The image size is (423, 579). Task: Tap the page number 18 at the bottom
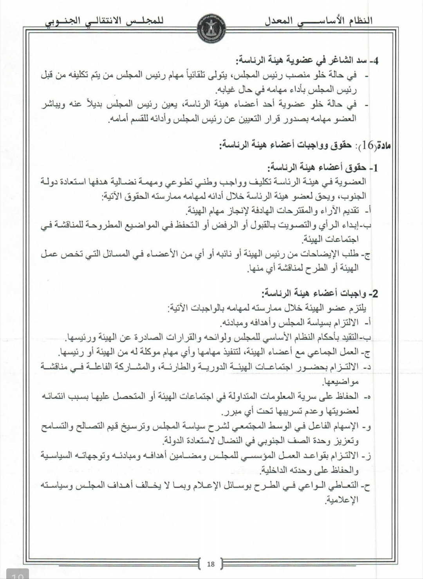[211, 564]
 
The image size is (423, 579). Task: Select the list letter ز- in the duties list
[366, 456]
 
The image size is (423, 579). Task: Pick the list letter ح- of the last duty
[366, 486]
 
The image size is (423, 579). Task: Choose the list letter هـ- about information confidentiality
[366, 397]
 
